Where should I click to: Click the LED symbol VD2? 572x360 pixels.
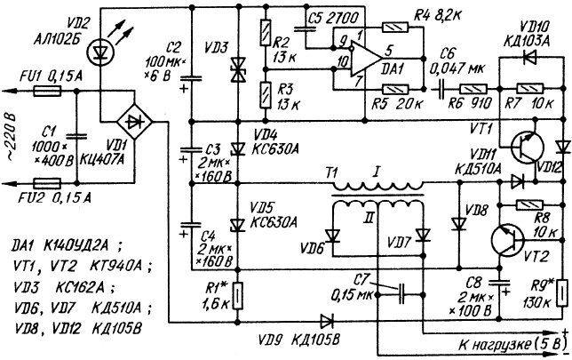(99, 52)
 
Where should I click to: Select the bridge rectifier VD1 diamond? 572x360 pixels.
(134, 123)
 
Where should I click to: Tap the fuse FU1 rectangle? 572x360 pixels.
(47, 91)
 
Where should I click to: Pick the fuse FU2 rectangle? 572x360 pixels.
(47, 182)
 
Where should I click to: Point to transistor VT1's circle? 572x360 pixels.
(527, 148)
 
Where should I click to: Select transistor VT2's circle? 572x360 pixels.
(507, 239)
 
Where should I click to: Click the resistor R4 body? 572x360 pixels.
(395, 27)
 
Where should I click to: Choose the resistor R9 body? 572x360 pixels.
(562, 293)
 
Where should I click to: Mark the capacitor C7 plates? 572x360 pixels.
(401, 294)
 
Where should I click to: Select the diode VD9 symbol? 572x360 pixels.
(326, 322)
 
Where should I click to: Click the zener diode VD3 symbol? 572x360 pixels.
(239, 70)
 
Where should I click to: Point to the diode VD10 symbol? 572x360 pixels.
(528, 57)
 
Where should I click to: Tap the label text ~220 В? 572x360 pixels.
(9, 138)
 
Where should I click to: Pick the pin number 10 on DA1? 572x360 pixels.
(342, 63)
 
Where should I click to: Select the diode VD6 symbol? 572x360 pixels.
(333, 236)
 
